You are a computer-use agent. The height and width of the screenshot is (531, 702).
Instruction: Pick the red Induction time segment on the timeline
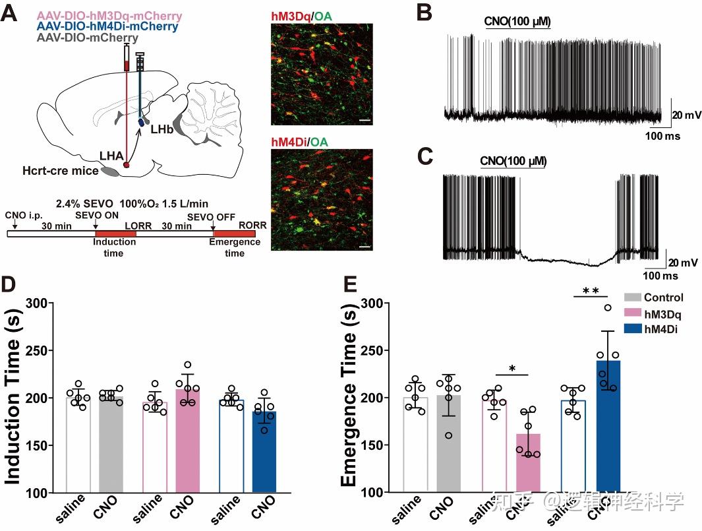pos(115,233)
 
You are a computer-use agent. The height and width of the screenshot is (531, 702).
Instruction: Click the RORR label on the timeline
pos(253,225)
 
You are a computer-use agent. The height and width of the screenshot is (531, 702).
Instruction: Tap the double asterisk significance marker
pos(590,291)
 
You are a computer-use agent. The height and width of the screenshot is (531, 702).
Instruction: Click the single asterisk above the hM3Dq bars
pos(511,367)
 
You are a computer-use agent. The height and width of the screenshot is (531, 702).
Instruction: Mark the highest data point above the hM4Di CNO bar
pos(608,307)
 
